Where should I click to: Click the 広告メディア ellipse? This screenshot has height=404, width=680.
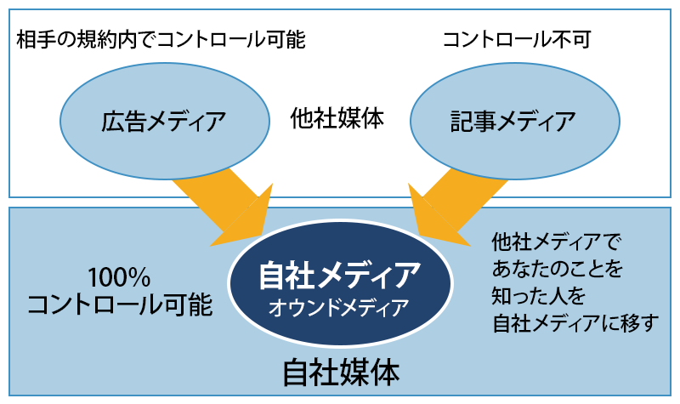pyautogui.click(x=164, y=121)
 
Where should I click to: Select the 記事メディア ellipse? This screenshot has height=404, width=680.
pyautogui.click(x=515, y=121)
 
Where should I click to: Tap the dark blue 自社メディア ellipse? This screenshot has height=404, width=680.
pyautogui.click(x=340, y=283)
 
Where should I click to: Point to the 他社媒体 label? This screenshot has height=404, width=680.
pyautogui.click(x=337, y=118)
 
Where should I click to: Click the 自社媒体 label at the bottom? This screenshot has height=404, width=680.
pyautogui.click(x=341, y=373)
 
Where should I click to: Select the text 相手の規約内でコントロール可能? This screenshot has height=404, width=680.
pyautogui.click(x=161, y=40)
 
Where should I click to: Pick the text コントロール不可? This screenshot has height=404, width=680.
pyautogui.click(x=517, y=40)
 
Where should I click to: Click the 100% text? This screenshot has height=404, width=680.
pyautogui.click(x=119, y=278)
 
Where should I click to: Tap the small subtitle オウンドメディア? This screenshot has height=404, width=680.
pyautogui.click(x=338, y=308)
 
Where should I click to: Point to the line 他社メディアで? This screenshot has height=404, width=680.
pyautogui.click(x=557, y=242)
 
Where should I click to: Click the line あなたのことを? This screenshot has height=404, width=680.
pyautogui.click(x=558, y=269)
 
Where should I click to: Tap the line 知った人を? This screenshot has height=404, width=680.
pyautogui.click(x=539, y=296)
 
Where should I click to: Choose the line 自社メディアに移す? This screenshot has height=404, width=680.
pyautogui.click(x=575, y=323)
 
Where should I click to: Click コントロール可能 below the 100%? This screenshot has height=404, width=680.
pyautogui.click(x=120, y=304)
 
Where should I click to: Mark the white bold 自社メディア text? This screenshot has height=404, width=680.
pyautogui.click(x=339, y=276)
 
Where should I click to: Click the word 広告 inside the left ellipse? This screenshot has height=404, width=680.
pyautogui.click(x=122, y=121)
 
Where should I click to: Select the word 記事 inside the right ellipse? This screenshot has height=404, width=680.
pyautogui.click(x=473, y=121)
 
